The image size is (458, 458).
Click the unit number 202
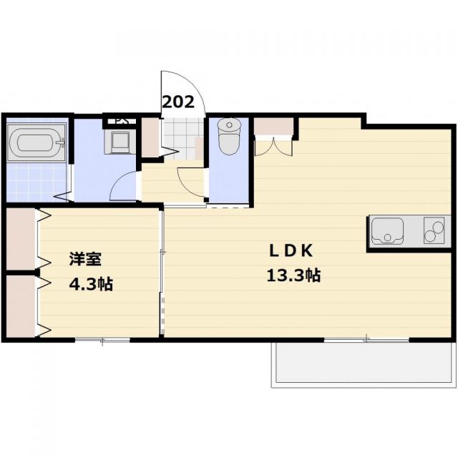(178, 102)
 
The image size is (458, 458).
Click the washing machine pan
(119, 141)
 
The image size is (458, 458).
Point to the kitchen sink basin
(387, 230)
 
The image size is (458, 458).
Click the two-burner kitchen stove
(434, 230)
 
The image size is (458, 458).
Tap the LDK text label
(292, 251)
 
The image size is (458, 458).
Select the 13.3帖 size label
(293, 276)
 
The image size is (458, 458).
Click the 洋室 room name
(84, 257)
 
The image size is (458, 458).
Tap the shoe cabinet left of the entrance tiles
(150, 138)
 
